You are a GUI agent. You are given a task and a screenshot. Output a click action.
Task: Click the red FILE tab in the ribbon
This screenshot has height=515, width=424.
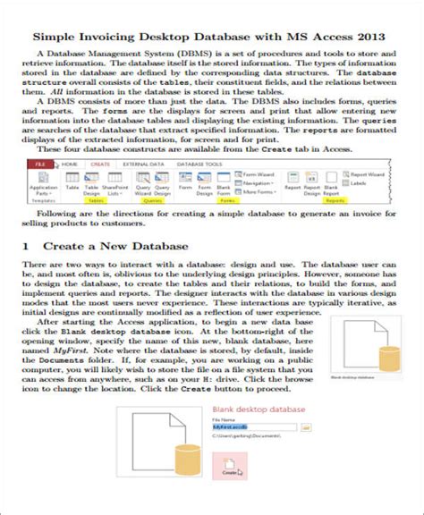pyautogui.click(x=40, y=165)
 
